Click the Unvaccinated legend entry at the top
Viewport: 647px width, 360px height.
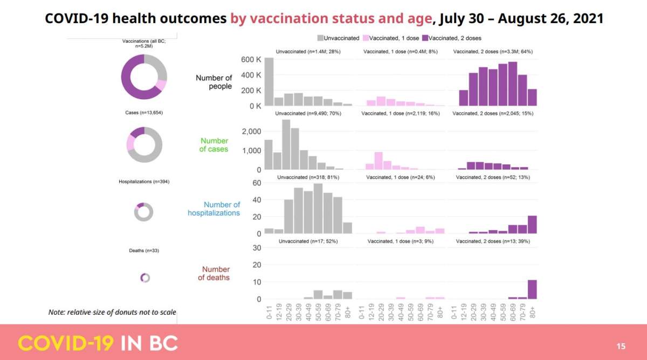pyautogui.click(x=338, y=38)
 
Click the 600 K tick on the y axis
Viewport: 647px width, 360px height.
pyautogui.click(x=251, y=59)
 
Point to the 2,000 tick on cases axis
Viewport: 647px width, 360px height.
pyautogui.click(x=250, y=131)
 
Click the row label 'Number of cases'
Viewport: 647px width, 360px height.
pyautogui.click(x=214, y=145)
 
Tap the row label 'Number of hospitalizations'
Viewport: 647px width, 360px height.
pyautogui.click(x=214, y=209)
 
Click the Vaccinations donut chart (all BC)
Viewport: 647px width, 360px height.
pyautogui.click(x=144, y=77)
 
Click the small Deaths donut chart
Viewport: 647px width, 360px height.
pyautogui.click(x=144, y=278)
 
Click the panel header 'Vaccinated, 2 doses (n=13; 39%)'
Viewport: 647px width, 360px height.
pyautogui.click(x=493, y=241)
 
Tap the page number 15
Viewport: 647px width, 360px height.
pyautogui.click(x=621, y=345)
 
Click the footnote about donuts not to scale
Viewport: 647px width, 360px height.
pyautogui.click(x=112, y=313)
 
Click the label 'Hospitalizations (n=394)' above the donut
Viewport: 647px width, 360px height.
pyautogui.click(x=144, y=182)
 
